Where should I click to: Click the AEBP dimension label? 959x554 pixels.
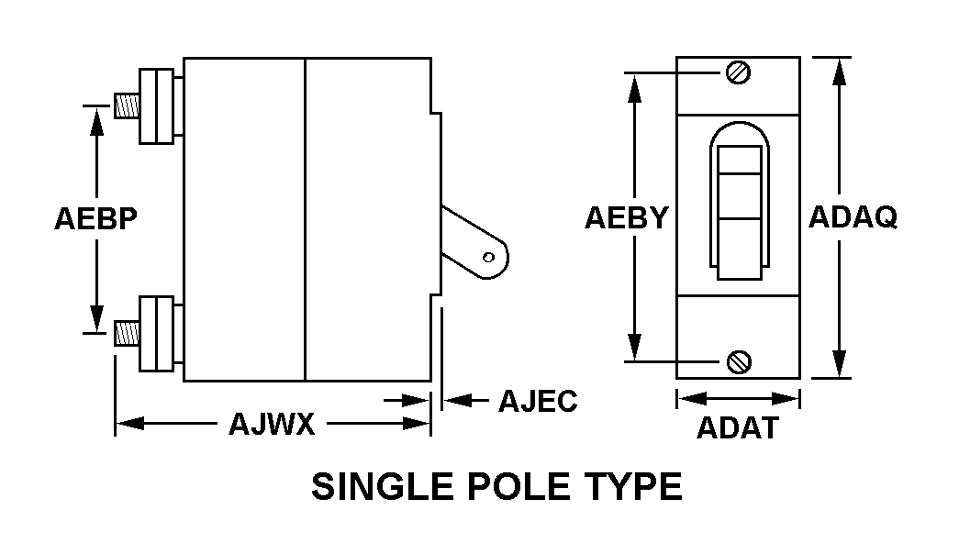96,219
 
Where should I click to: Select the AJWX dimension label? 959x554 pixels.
272,424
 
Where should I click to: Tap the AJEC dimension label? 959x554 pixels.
538,401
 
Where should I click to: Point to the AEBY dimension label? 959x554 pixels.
626,217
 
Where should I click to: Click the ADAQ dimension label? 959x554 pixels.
853,216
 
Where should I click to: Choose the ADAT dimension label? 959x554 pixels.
738,428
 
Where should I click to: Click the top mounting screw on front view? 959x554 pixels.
738,72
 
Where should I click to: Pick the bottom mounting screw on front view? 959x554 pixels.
739,362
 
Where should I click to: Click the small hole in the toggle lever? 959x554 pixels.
488,257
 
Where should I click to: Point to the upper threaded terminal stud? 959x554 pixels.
127,105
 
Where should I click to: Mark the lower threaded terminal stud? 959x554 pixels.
127,334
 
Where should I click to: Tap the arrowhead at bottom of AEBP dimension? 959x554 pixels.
96,319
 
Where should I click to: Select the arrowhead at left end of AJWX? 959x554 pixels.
129,423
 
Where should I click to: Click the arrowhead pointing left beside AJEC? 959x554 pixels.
457,401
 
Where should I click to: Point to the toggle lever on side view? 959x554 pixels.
474,243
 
